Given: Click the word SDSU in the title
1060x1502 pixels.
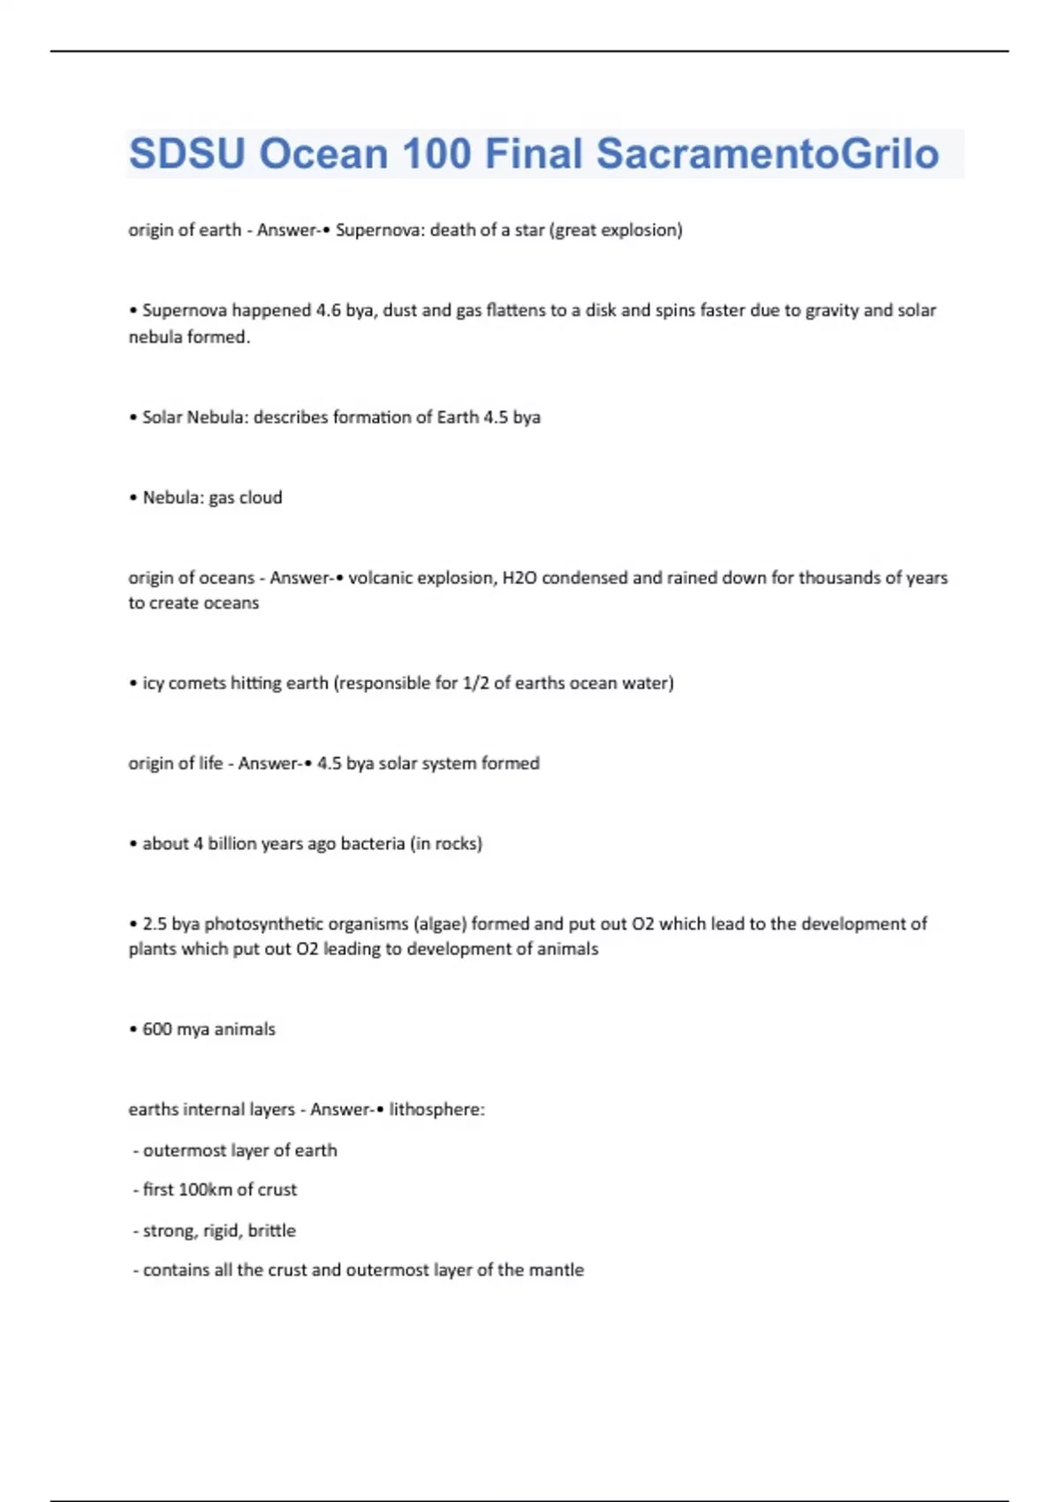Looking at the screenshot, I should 186,154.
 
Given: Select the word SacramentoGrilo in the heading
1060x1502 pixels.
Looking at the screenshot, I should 767,154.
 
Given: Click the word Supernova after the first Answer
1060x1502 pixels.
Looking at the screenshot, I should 377,231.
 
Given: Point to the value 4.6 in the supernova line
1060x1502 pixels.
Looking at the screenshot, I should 328,311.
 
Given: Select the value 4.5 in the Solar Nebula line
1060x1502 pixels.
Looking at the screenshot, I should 495,418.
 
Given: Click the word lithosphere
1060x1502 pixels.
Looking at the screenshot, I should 436,1111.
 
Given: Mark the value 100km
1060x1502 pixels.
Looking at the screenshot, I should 205,1190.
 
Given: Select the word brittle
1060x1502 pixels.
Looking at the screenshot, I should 272,1231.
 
